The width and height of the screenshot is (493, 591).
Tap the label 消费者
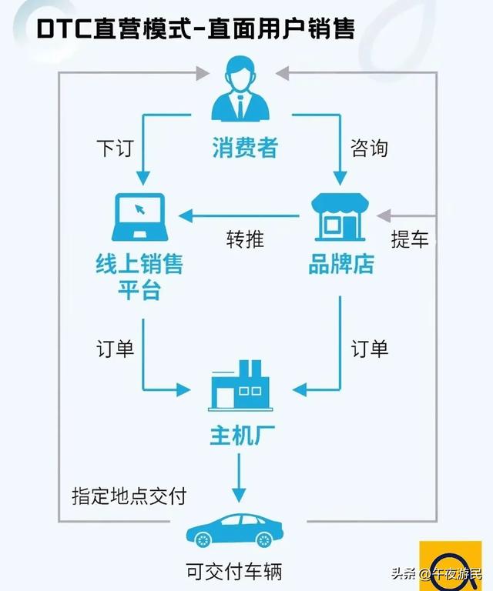point(245,147)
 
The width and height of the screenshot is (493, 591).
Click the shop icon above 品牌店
point(340,216)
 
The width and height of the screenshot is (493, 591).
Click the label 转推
point(245,239)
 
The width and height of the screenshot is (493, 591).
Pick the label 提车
point(409,239)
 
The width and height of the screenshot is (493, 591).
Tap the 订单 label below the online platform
point(115,349)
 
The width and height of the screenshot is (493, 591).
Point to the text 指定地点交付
point(129,495)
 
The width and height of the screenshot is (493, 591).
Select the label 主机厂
point(243,436)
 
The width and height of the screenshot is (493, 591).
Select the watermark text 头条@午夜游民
point(435,573)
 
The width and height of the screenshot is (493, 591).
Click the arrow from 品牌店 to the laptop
point(239,215)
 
